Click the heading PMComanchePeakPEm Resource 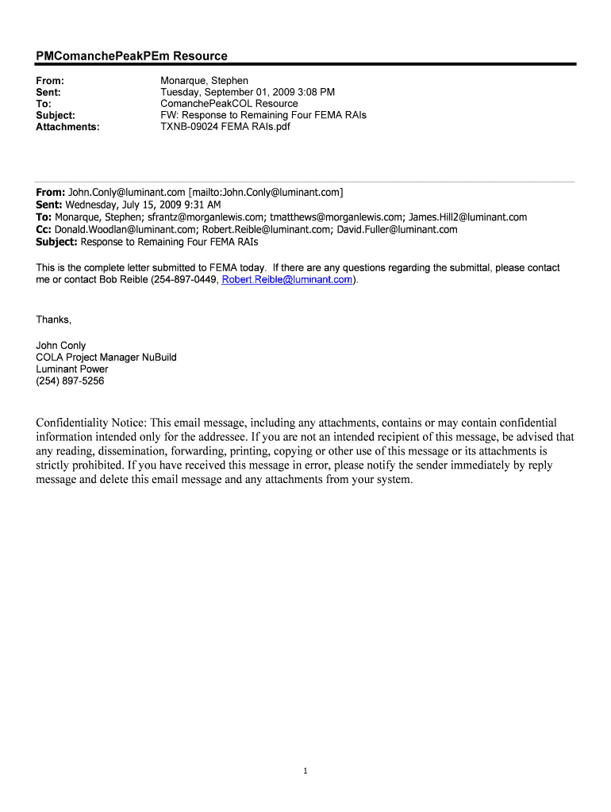click(x=132, y=56)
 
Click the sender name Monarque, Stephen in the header click(x=204, y=81)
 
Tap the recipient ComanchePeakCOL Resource click(x=229, y=103)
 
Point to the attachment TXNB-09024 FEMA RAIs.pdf click(x=225, y=126)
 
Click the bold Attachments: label click(x=68, y=126)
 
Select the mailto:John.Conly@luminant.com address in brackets click(x=266, y=193)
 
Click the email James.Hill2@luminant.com click(x=467, y=217)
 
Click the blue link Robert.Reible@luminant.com click(x=287, y=280)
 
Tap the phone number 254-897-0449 click(x=184, y=280)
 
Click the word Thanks click(x=52, y=320)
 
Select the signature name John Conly click(x=61, y=346)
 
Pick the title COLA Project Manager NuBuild click(x=106, y=358)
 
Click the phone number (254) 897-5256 click(x=70, y=381)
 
